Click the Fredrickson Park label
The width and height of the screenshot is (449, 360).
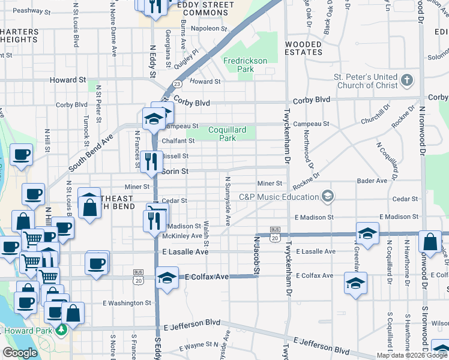point(247,65)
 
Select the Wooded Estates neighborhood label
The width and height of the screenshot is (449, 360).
point(304,48)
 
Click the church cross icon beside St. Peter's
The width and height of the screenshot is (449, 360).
point(406,80)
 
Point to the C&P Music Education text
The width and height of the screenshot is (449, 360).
point(279,197)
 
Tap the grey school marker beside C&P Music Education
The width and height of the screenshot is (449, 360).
point(327,196)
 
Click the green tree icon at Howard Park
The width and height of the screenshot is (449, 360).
point(61,329)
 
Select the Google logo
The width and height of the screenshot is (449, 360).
point(20,353)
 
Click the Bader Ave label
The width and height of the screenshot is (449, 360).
point(373,181)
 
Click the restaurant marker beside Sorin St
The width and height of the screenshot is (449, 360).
point(151,161)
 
